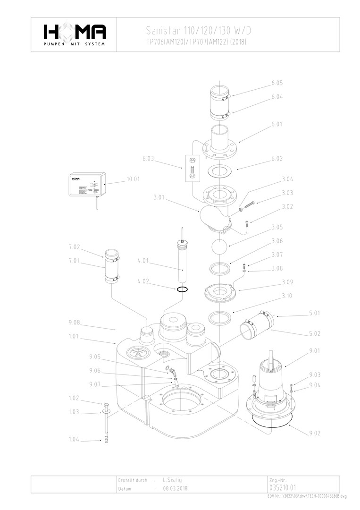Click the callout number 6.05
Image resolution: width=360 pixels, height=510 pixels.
[277, 83]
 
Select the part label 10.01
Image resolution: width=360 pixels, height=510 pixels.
[134, 179]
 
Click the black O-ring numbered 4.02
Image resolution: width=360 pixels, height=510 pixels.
[183, 289]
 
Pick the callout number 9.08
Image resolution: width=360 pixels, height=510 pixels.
[74, 323]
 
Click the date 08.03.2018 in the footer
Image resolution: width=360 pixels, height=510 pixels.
[175, 489]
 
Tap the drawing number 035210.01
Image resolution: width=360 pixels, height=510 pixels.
[283, 487]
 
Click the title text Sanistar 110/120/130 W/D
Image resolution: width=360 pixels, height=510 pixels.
[199, 31]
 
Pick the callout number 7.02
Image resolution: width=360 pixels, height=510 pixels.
[74, 246]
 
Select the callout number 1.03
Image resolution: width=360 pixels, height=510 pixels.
[74, 412]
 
